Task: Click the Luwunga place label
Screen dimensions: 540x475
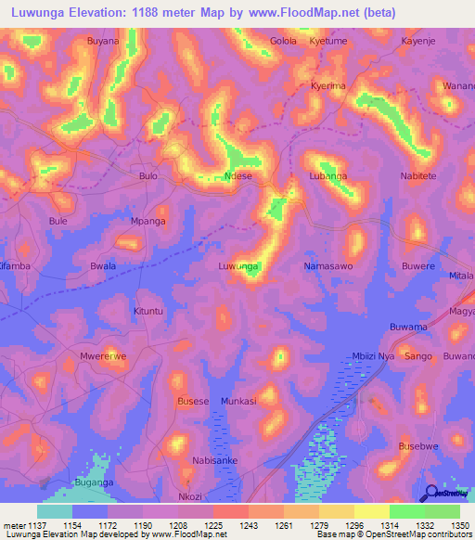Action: pyautogui.click(x=237, y=266)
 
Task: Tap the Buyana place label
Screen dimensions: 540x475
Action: pyautogui.click(x=103, y=42)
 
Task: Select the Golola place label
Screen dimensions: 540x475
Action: pyautogui.click(x=283, y=42)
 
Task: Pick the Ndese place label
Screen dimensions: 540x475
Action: pyautogui.click(x=238, y=175)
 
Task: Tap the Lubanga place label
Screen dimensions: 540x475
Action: pyautogui.click(x=327, y=175)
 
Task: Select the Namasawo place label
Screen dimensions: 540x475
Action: pyautogui.click(x=327, y=266)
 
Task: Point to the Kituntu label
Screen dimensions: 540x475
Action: pyautogui.click(x=148, y=311)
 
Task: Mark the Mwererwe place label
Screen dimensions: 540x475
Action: pyautogui.click(x=103, y=355)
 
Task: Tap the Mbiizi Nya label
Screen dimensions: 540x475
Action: pyautogui.click(x=374, y=355)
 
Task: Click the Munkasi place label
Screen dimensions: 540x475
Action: pyautogui.click(x=238, y=401)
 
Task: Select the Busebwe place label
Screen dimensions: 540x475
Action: pyautogui.click(x=417, y=445)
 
